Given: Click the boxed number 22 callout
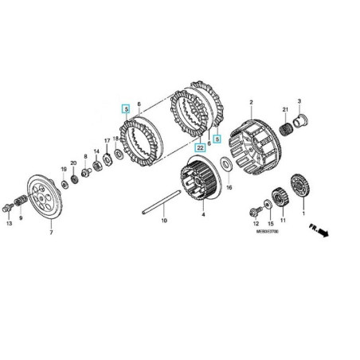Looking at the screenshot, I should point(200,148).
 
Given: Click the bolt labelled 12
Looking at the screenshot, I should point(256,210).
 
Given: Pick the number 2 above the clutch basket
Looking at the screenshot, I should point(251,103).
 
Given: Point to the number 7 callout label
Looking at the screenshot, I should point(51,233).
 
